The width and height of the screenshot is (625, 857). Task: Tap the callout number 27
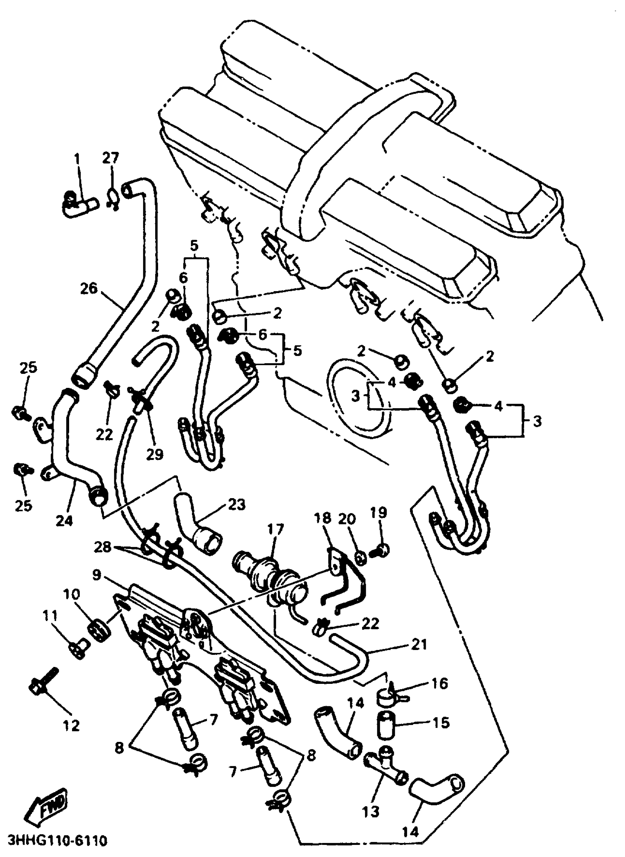(x=110, y=158)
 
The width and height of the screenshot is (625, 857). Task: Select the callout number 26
(x=89, y=289)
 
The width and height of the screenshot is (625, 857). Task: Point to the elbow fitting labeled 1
(x=79, y=206)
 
